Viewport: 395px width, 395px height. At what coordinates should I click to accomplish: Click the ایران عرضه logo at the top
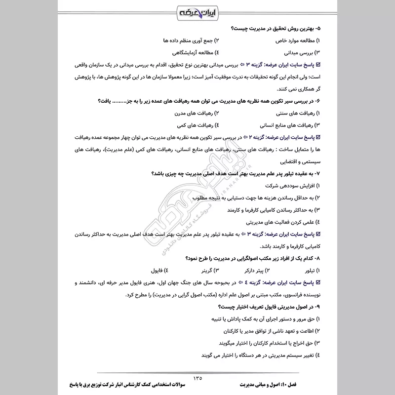pos(197,11)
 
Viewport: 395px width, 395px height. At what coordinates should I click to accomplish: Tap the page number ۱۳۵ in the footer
pos(197,378)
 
